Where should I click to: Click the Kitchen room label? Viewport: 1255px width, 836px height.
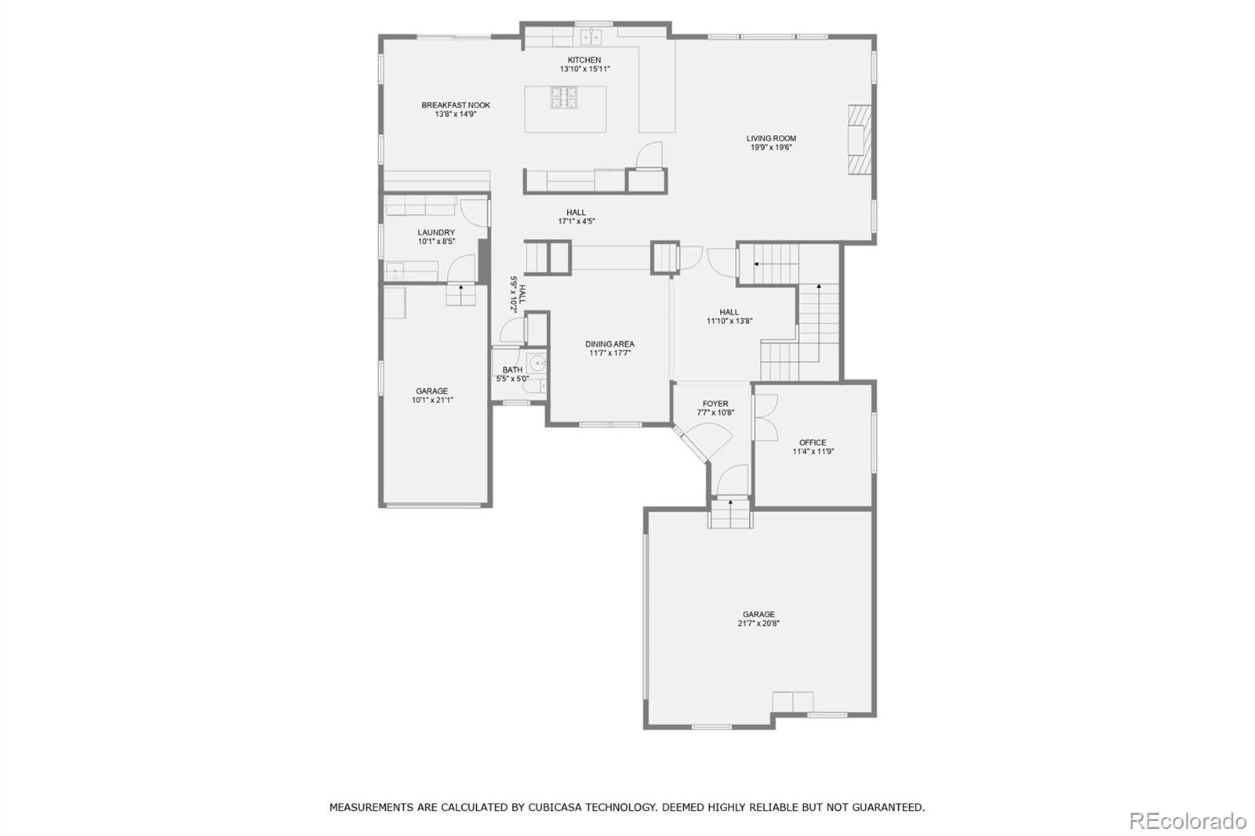click(584, 60)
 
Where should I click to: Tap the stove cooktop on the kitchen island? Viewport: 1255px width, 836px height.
click(564, 98)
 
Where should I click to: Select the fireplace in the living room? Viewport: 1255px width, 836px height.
click(857, 140)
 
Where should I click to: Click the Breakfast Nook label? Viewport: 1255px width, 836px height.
click(456, 105)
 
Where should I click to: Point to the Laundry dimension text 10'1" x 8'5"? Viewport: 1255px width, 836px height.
click(436, 242)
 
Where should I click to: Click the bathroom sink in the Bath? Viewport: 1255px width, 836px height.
click(537, 363)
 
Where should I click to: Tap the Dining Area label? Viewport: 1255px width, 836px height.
click(609, 343)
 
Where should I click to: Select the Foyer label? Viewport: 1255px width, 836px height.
click(715, 404)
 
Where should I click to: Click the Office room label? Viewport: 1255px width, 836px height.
click(813, 442)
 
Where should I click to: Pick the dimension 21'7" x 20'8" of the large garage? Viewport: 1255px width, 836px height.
click(758, 623)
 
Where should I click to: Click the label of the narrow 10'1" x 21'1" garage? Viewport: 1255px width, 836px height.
click(432, 391)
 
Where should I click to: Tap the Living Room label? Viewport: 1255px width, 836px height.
click(771, 138)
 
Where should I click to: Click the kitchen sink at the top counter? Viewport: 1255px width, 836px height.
click(591, 36)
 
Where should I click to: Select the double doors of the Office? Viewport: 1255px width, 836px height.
click(765, 416)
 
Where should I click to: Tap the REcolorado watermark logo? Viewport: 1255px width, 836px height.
click(1187, 820)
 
